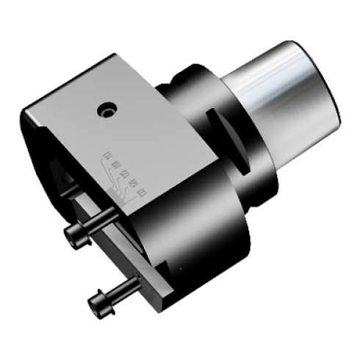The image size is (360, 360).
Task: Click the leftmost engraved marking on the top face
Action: click(x=108, y=154)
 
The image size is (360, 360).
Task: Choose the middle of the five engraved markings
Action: click(x=124, y=174)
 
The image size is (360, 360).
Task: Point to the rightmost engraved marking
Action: click(x=142, y=192)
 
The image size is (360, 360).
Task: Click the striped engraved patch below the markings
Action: click(x=118, y=187)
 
